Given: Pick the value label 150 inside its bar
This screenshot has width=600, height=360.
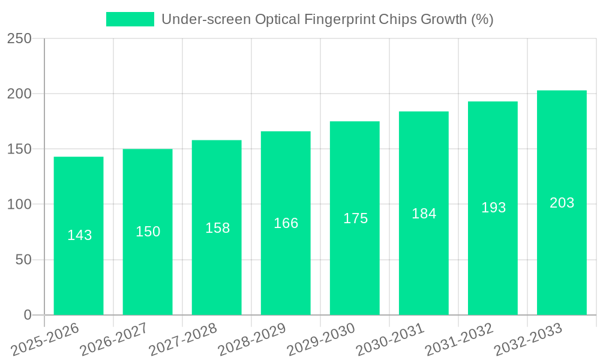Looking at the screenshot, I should click(x=148, y=232).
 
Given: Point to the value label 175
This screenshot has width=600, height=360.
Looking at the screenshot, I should click(x=355, y=218).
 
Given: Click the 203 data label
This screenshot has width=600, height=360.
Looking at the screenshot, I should click(x=562, y=203).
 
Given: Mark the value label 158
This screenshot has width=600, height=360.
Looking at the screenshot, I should click(x=217, y=228).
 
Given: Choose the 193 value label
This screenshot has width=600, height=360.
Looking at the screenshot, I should click(x=493, y=208).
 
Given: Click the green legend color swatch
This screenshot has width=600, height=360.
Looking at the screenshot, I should click(x=130, y=19).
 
